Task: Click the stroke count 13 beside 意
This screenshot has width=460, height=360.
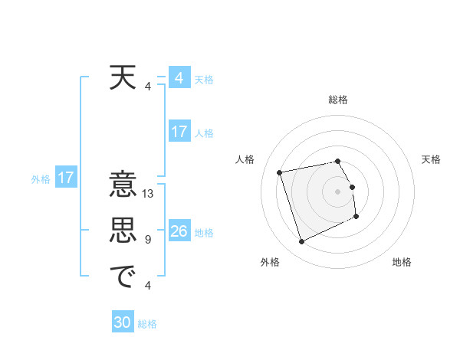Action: (x=149, y=194)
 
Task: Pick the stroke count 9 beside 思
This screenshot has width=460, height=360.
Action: (x=148, y=240)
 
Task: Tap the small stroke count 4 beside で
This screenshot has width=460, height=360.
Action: (x=148, y=286)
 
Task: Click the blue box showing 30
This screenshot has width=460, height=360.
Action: (x=123, y=322)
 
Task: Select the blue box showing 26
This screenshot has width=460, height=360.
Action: (x=179, y=231)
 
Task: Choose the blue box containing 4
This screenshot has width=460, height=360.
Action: (x=179, y=78)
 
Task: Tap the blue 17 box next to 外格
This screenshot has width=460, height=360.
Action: (x=66, y=178)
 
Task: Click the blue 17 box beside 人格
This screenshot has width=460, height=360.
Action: (x=179, y=132)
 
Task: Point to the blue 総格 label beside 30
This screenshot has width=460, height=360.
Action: (x=147, y=324)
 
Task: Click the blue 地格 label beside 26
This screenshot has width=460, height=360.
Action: (x=204, y=233)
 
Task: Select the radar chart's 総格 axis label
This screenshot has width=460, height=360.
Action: (x=338, y=100)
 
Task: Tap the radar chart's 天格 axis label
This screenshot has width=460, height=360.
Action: (x=431, y=159)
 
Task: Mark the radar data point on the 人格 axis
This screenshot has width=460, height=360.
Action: (x=280, y=172)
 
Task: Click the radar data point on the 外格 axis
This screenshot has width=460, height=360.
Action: (x=301, y=242)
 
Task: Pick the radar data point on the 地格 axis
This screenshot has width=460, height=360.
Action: (x=357, y=218)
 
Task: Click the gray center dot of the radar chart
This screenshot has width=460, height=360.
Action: (x=338, y=191)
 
